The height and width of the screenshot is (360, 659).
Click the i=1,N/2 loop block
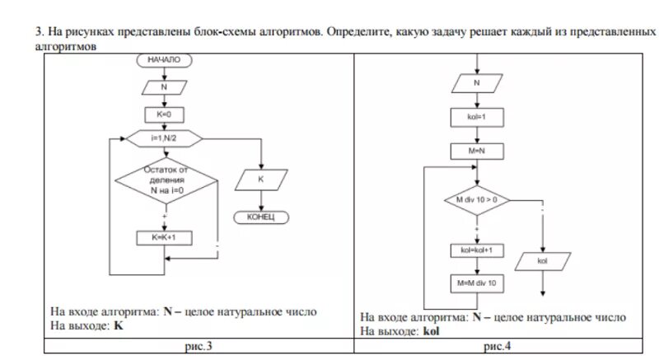pos(165,138)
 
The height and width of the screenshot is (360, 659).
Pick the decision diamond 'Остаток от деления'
pos(165,180)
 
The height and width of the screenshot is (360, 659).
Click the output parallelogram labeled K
pos(260,178)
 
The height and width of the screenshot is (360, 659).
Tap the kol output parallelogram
pos(543,260)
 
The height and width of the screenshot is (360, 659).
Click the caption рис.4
pos(498,347)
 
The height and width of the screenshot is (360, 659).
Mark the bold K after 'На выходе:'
pos(119,325)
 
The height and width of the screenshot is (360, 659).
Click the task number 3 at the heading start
pos(37,31)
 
